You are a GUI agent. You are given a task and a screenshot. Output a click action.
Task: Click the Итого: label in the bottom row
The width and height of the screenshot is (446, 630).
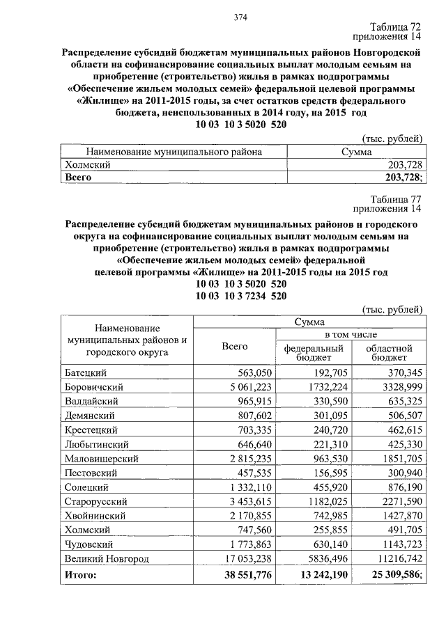[x=80, y=576]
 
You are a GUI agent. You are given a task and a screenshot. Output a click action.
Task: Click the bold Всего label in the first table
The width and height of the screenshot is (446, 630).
[x=78, y=178]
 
